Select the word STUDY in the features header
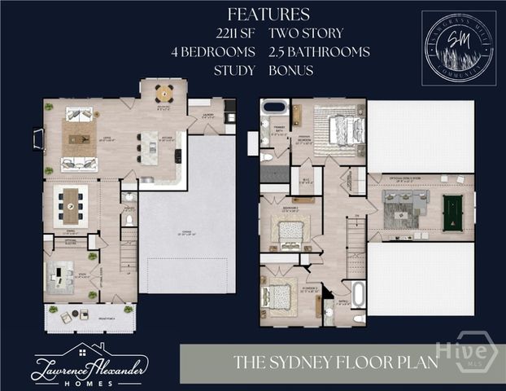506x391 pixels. pos(236,70)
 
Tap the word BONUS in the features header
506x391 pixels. pos(290,70)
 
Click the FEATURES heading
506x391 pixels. pos(268,14)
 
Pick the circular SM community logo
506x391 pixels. pos(459,47)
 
